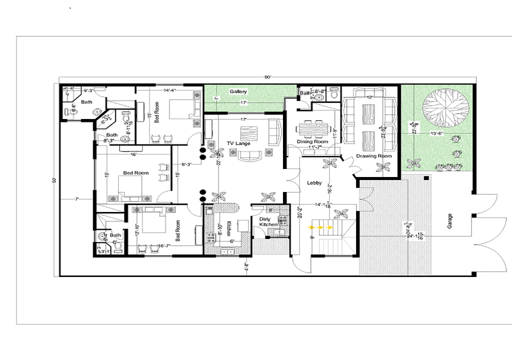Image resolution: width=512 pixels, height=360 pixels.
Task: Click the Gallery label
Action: pyautogui.click(x=238, y=92)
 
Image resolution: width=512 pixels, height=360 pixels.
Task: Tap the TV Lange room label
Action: pyautogui.click(x=238, y=143)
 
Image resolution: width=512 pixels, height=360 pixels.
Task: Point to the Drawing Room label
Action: pyautogui.click(x=373, y=156)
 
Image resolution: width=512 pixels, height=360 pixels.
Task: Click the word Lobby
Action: pyautogui.click(x=314, y=183)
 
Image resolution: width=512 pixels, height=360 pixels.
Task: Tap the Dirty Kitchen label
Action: pyautogui.click(x=268, y=222)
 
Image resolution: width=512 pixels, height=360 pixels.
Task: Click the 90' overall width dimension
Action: pyautogui.click(x=267, y=77)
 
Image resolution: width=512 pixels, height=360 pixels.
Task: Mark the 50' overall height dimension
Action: pyautogui.click(x=54, y=180)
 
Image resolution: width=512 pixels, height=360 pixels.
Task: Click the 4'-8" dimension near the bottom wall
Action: pyautogui.click(x=245, y=266)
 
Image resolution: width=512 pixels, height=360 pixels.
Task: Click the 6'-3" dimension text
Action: pyautogui.click(x=187, y=164)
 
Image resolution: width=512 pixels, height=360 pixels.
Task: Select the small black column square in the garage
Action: pyautogui.click(x=425, y=177)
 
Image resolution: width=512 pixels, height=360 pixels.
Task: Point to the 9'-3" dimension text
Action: pyautogui.click(x=89, y=90)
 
